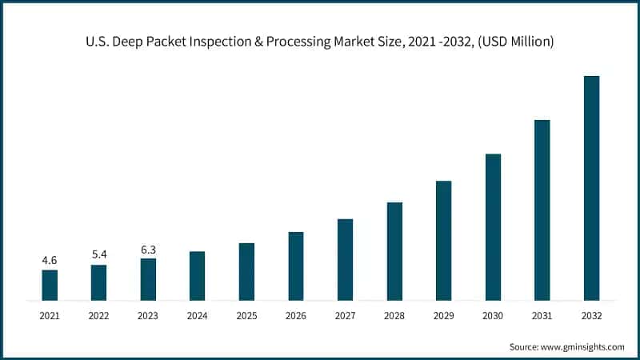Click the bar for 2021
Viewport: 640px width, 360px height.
click(x=50, y=285)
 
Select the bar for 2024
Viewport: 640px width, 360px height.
click(x=197, y=276)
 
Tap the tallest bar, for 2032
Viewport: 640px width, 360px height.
click(x=591, y=188)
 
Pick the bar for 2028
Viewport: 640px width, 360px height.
click(x=394, y=251)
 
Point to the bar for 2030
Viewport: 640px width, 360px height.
click(x=493, y=227)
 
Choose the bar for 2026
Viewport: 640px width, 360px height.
click(x=296, y=266)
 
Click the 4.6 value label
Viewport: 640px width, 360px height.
click(x=50, y=260)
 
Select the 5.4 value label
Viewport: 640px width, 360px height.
click(x=99, y=254)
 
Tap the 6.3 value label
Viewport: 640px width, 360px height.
click(x=148, y=249)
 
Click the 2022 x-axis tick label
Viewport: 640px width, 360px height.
click(x=99, y=316)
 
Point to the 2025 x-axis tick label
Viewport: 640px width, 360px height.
click(x=246, y=316)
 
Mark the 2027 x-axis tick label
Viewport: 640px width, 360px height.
click(x=345, y=316)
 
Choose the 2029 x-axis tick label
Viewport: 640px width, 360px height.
click(x=444, y=316)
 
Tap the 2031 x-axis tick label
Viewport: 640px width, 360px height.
click(x=542, y=316)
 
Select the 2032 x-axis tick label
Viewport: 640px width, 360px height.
click(x=591, y=316)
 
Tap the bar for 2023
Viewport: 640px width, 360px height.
click(x=148, y=279)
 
